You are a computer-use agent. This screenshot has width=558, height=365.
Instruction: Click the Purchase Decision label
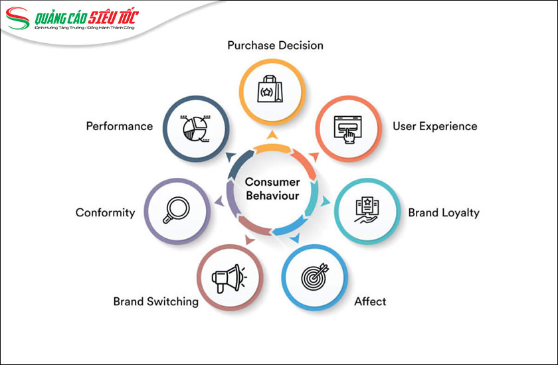tap(275, 46)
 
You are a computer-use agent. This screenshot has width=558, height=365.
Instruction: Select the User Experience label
tap(434, 126)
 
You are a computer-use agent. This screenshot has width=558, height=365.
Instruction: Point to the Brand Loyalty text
tap(443, 213)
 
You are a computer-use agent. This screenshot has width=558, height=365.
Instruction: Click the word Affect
tap(370, 301)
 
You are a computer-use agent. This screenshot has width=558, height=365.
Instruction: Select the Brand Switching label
tap(155, 301)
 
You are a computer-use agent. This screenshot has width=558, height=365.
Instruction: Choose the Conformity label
tap(105, 213)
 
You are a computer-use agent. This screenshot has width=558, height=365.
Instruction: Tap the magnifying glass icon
tap(177, 211)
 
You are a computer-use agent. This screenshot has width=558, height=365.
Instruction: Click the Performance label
tap(119, 126)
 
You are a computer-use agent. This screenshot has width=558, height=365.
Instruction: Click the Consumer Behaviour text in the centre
tap(272, 189)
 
